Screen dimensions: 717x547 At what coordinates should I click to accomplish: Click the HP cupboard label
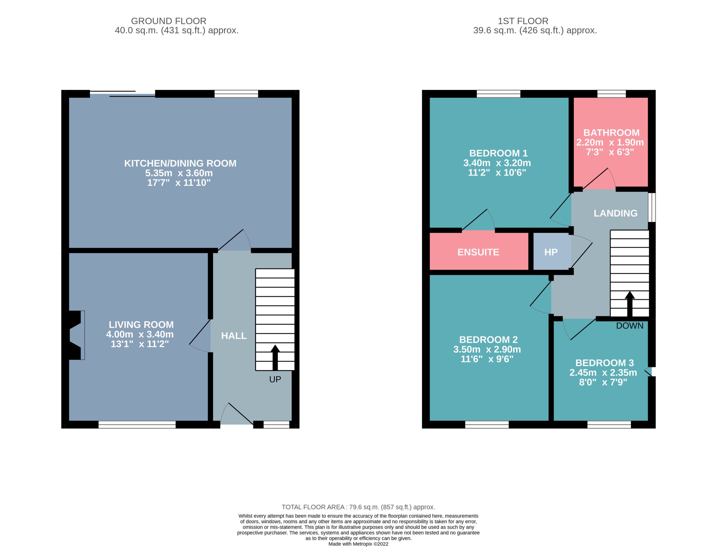[x=551, y=252]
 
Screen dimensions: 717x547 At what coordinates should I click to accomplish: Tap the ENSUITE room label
[x=478, y=252]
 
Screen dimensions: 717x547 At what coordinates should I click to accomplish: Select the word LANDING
[x=615, y=213]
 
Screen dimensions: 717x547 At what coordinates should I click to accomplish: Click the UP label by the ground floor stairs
[x=275, y=379]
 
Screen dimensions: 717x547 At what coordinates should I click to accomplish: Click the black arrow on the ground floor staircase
[x=275, y=357]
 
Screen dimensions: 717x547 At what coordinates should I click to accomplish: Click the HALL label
[x=234, y=336]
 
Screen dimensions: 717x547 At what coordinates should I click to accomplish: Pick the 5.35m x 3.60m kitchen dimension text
[x=179, y=173]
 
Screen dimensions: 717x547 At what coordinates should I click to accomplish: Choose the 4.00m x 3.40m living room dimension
[x=140, y=334]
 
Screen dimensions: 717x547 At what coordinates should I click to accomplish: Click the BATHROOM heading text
[x=611, y=132]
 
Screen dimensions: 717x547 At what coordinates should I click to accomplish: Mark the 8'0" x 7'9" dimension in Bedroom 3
[x=603, y=382]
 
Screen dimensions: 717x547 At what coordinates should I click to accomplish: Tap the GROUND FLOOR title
[x=169, y=21]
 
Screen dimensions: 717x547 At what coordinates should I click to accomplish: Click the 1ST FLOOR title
[x=523, y=21]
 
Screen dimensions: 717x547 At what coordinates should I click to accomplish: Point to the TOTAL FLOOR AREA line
[x=358, y=507]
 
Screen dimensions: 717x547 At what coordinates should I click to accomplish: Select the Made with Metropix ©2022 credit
[x=358, y=544]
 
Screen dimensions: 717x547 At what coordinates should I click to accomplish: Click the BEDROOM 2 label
[x=488, y=339]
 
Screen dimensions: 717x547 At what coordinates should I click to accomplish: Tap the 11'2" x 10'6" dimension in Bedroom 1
[x=497, y=172]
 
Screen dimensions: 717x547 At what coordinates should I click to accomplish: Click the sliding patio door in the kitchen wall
[x=122, y=94]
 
